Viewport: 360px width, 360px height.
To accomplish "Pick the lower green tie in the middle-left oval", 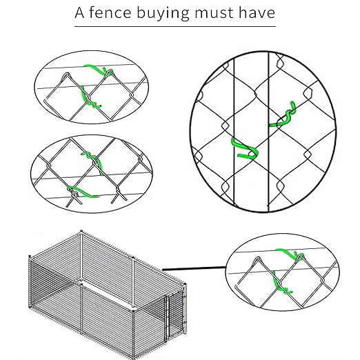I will click(77, 191).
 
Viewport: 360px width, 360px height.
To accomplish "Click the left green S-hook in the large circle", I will click(244, 148).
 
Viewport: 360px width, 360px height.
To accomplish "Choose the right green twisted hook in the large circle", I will click(285, 115).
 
